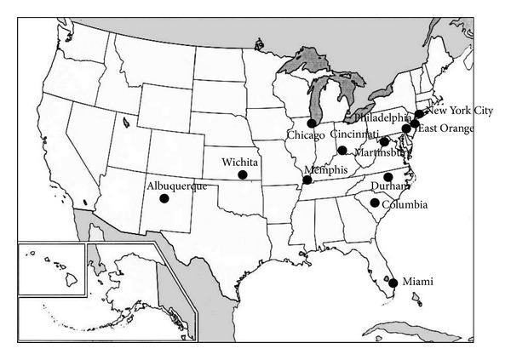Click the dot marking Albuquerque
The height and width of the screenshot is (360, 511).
pos(164,198)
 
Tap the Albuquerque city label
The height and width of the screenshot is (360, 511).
pos(178,186)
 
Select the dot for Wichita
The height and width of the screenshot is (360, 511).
pos(243,174)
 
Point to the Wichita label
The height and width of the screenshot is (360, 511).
pos(239,162)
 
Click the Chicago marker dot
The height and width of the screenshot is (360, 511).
pos(312,123)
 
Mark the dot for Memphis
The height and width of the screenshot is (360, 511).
pos(308,180)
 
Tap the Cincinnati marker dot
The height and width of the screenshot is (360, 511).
pos(342,151)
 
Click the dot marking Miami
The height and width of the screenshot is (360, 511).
pos(393,283)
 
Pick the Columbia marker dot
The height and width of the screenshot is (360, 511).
pos(375,203)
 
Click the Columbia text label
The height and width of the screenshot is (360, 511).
pos(405,205)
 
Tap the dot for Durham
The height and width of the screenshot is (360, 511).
pos(388,177)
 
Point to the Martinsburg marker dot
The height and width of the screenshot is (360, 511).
pos(384,141)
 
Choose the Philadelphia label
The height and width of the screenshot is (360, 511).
pos(383,117)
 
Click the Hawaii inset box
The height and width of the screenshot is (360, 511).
pos(51,269)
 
